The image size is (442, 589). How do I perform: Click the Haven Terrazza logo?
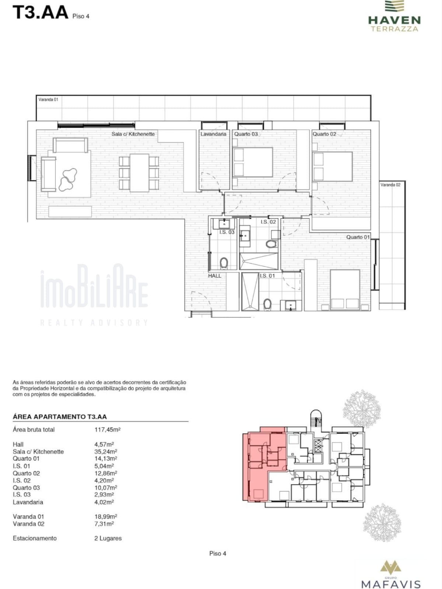pos(394,16)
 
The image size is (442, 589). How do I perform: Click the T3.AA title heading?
pos(41,13)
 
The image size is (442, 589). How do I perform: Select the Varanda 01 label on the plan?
pos(48,99)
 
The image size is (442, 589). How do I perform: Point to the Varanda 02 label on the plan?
pos(390,185)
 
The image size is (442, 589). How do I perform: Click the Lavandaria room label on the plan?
pos(214,134)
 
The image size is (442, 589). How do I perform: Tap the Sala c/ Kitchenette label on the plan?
pos(133,134)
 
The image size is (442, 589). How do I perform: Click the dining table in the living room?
pos(139,173)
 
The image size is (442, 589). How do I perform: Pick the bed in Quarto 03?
pos(253,162)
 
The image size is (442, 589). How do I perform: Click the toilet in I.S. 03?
pos(224,263)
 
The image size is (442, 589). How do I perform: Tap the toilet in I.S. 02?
pos(271,244)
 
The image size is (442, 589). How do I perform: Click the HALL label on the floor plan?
pos(215,276)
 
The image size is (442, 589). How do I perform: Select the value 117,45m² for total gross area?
pos(107,430)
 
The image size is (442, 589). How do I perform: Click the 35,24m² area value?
pos(106,452)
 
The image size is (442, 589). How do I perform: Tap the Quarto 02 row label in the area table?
pos(26,473)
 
